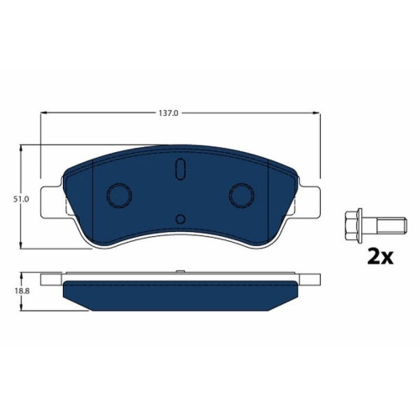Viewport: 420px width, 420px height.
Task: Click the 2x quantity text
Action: click(x=381, y=256)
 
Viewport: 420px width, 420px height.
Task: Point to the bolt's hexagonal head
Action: click(x=354, y=225)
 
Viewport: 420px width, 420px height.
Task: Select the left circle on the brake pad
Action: click(x=118, y=196)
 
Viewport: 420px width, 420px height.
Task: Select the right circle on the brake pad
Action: click(x=242, y=196)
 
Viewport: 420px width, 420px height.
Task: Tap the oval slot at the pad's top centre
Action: click(x=180, y=170)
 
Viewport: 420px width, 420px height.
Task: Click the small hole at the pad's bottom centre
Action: click(x=180, y=220)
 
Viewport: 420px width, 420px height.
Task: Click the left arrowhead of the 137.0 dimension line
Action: click(x=44, y=114)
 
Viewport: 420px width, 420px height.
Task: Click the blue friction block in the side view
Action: click(x=180, y=293)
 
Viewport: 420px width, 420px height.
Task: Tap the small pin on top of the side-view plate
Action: click(x=180, y=271)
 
